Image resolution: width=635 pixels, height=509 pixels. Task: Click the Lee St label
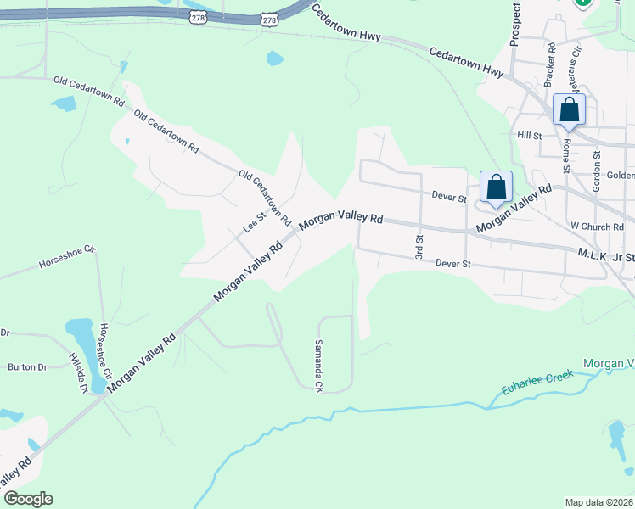pyautogui.click(x=255, y=222)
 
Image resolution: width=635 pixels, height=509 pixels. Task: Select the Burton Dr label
pyautogui.click(x=27, y=367)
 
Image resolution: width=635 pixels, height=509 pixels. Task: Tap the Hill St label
pyautogui.click(x=529, y=136)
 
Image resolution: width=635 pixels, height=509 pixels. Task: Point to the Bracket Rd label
pyautogui.click(x=550, y=64)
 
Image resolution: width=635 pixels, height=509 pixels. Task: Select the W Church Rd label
pyautogui.click(x=598, y=227)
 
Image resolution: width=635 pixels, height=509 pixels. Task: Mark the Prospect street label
pyautogui.click(x=515, y=24)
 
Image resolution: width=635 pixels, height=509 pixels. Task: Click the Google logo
pyautogui.click(x=27, y=499)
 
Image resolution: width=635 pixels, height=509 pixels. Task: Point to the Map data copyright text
pyautogui.click(x=598, y=502)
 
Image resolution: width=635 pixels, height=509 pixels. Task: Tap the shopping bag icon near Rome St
pyautogui.click(x=569, y=110)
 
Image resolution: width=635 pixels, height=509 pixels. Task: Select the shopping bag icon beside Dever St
pyautogui.click(x=496, y=188)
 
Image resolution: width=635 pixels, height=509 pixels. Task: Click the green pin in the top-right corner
pyautogui.click(x=583, y=3)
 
